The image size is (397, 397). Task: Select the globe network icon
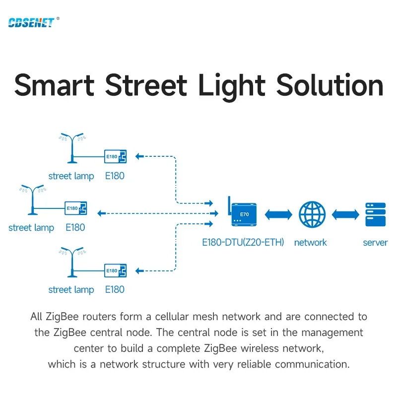click(312, 214)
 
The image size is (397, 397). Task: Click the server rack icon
click(375, 214)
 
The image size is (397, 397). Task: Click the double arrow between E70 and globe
click(279, 214)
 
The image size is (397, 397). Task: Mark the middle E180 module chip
click(76, 208)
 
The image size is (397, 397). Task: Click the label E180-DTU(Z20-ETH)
click(243, 243)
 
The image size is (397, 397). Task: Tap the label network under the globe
click(311, 243)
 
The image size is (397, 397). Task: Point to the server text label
click(375, 243)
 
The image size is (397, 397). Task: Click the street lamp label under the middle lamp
click(31, 228)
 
